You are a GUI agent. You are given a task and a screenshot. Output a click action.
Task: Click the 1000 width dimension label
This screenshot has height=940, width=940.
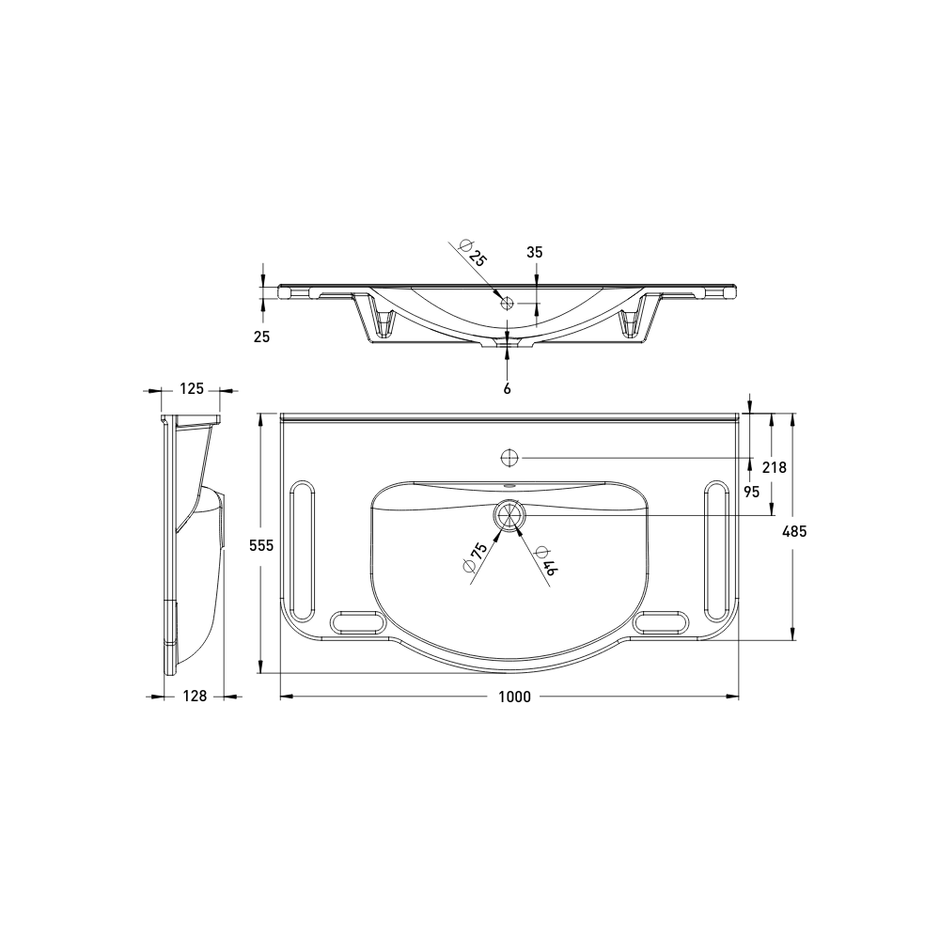tap(515, 697)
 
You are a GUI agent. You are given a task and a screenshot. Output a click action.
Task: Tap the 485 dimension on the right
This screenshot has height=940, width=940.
tap(794, 531)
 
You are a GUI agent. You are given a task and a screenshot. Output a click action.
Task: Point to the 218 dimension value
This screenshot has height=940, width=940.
tap(774, 467)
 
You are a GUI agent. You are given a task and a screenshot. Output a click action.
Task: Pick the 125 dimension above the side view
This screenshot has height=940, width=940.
tap(192, 388)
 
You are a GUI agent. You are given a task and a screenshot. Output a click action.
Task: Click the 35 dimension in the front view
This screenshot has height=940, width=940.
tap(535, 252)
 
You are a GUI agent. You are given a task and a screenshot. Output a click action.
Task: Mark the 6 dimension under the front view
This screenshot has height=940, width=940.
tap(508, 387)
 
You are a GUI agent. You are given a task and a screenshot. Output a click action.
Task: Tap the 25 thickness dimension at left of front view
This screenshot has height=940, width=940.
tap(261, 336)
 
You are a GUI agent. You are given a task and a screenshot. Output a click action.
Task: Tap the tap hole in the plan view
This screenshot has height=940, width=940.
tap(509, 458)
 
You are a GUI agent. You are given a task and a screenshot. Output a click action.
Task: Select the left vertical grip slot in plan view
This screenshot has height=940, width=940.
tap(304, 545)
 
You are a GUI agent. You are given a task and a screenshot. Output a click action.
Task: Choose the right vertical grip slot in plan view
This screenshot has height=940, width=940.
tap(715, 545)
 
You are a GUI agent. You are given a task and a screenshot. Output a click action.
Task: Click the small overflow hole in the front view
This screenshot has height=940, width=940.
tap(508, 303)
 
